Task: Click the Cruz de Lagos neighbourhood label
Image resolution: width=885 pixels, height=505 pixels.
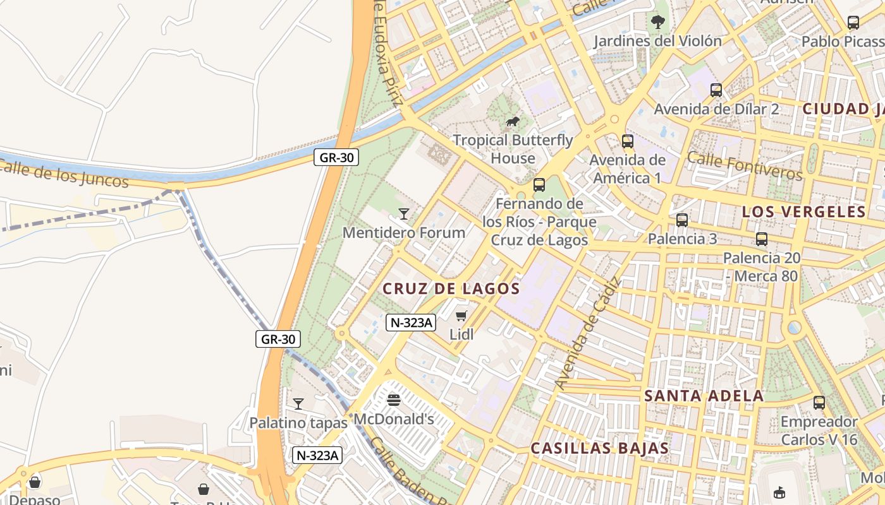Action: point(451,289)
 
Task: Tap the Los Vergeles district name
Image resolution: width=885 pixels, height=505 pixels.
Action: point(803,212)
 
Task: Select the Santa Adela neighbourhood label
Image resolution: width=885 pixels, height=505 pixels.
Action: point(704,396)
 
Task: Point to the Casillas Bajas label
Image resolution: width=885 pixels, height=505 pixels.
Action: point(599,449)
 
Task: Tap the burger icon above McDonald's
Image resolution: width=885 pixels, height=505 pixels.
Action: point(394,400)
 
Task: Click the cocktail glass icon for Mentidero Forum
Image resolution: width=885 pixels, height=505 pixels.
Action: point(404,214)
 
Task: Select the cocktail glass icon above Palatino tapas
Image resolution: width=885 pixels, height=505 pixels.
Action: point(298,404)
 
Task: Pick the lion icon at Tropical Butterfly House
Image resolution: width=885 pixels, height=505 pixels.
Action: point(513,122)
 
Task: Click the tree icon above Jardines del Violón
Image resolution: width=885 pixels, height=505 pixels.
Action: point(657,22)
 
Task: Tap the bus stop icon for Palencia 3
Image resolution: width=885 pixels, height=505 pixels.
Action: point(682,220)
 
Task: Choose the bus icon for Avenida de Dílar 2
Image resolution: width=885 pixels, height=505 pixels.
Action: point(716,90)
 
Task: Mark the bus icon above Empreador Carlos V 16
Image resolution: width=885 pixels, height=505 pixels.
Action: point(819,403)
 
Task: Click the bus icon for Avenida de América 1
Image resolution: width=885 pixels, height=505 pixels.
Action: point(628,141)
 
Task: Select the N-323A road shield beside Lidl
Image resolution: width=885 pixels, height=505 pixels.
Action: point(411,323)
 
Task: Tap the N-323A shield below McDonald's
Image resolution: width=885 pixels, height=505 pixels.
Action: point(317,455)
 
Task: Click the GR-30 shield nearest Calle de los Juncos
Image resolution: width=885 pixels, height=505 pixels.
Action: point(336,158)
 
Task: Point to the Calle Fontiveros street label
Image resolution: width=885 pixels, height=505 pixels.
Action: point(744,165)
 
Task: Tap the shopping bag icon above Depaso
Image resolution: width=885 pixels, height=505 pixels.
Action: point(35,482)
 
